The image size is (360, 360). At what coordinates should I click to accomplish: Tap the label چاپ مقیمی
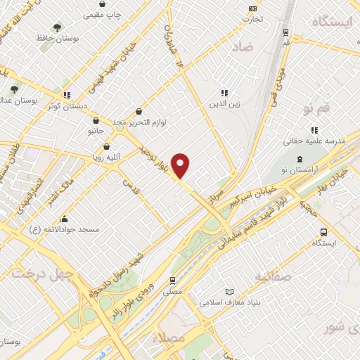(103, 15)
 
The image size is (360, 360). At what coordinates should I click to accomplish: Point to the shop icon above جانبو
(96, 120)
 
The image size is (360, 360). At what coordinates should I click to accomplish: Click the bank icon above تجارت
(252, 8)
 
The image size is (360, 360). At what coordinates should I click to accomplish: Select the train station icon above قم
(285, 32)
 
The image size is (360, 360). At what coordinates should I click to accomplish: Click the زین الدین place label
(225, 105)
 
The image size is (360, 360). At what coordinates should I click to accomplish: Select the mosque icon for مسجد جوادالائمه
(64, 218)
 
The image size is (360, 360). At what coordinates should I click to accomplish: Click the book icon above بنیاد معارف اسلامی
(229, 292)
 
